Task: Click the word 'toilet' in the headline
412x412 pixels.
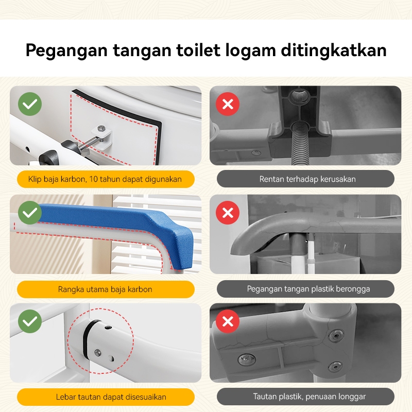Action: click(198, 49)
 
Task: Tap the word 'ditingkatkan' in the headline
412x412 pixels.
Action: click(334, 49)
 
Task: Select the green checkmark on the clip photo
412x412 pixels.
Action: click(30, 104)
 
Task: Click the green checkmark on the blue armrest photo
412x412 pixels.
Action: click(30, 213)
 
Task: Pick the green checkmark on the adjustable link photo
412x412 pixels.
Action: click(30, 321)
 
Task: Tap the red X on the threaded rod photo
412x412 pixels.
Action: click(228, 104)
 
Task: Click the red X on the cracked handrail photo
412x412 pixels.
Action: click(228, 213)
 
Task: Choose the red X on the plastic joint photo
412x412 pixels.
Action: click(228, 321)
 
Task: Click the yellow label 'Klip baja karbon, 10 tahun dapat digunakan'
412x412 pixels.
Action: click(106, 179)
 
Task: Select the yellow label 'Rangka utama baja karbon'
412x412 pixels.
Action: click(106, 289)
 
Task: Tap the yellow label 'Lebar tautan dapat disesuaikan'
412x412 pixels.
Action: click(106, 397)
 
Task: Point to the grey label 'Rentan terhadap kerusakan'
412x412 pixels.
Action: click(305, 179)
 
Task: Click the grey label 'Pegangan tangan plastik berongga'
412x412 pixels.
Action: click(305, 289)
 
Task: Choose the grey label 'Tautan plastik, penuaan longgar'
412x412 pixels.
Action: click(305, 397)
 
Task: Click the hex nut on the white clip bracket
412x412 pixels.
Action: click(101, 128)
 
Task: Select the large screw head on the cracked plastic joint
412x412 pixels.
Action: click(247, 359)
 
